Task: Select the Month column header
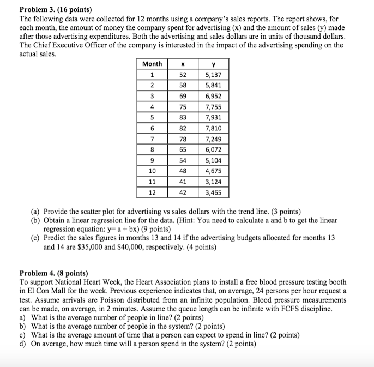pos(152,64)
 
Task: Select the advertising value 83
pos(183,117)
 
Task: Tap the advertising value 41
pos(183,182)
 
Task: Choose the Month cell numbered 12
pos(152,192)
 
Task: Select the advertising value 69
pos(183,96)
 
